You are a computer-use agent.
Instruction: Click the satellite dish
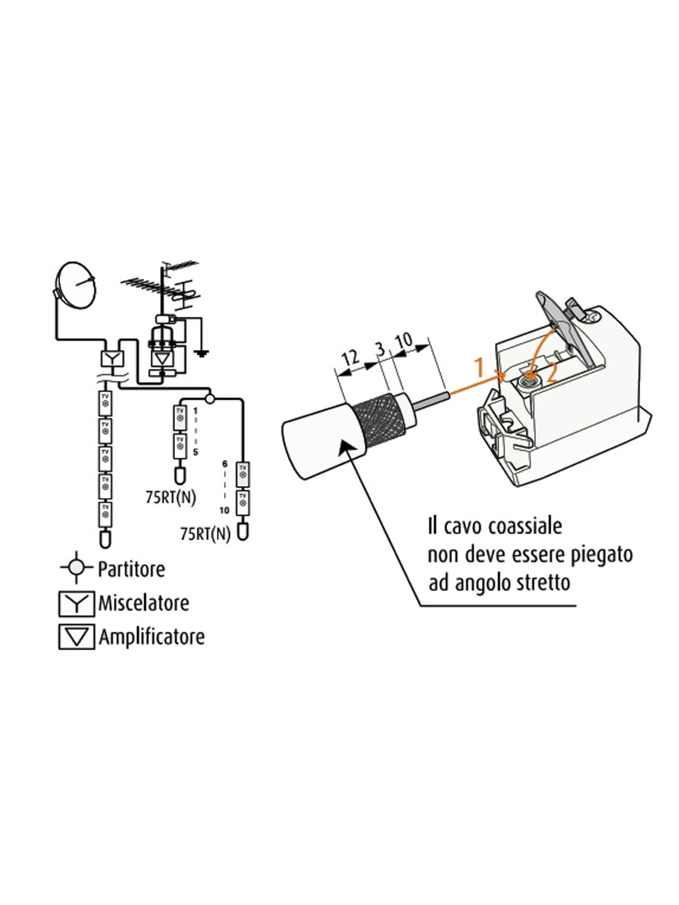point(77,286)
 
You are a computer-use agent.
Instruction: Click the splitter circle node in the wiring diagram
point(210,399)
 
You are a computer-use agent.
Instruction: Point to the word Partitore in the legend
point(131,569)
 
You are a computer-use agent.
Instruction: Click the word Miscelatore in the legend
point(143,603)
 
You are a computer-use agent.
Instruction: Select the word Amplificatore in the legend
point(152,637)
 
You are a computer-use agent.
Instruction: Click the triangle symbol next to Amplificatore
point(77,637)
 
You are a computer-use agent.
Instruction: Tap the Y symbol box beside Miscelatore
point(77,604)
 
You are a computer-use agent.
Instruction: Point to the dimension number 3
point(380,349)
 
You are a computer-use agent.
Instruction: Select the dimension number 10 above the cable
point(404,340)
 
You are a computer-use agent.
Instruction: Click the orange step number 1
point(480,367)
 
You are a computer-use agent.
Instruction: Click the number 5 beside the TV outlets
point(196,452)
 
